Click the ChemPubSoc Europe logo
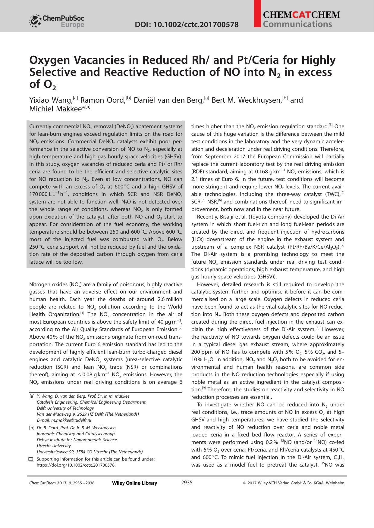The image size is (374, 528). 57,21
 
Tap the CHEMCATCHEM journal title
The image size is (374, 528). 301,15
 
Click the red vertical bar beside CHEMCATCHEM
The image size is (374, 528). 257,14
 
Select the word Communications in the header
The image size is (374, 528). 297,24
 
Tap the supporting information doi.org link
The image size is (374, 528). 76,465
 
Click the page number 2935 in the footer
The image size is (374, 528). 187,483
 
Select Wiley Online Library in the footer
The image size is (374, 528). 134,483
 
